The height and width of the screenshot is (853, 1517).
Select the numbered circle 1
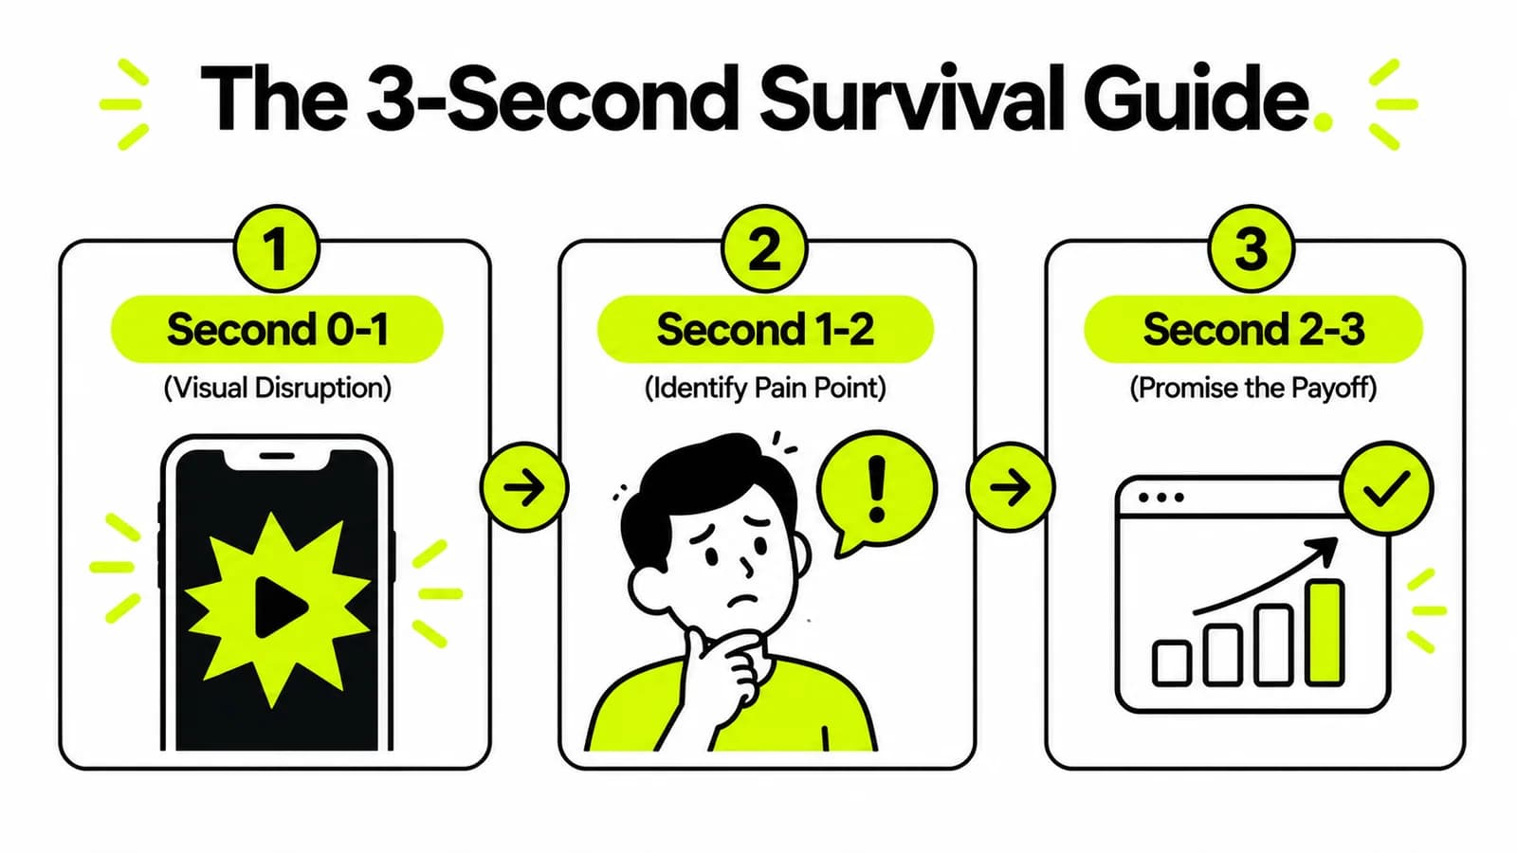click(276, 248)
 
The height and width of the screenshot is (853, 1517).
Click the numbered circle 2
click(764, 248)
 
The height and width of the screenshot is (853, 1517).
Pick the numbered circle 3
click(1252, 248)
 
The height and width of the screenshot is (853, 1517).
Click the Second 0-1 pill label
click(277, 329)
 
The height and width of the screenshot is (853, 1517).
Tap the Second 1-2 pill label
click(765, 329)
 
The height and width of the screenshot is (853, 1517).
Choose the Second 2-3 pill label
click(1253, 329)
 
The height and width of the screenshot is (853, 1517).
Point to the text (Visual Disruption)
click(278, 389)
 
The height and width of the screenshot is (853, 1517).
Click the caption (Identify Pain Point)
click(765, 389)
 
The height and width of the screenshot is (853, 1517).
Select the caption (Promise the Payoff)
click(1253, 389)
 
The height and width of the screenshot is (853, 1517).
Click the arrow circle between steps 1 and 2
click(524, 487)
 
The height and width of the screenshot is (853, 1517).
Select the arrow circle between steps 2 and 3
click(1011, 487)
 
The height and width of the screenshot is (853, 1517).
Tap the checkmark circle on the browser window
click(1387, 489)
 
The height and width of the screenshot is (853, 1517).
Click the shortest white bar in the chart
click(1172, 662)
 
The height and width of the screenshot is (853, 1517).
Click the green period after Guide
click(1322, 122)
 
